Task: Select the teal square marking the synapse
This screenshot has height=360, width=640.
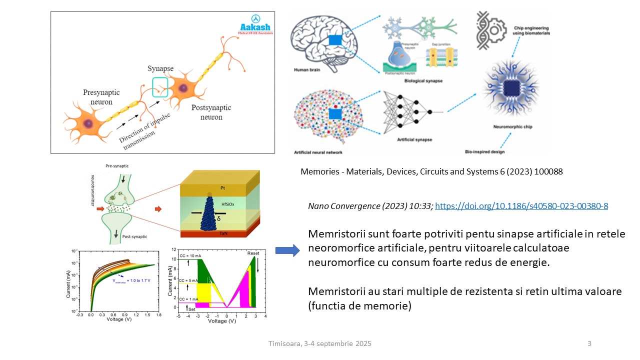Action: tap(160, 86)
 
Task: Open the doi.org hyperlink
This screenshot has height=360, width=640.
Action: tap(521, 205)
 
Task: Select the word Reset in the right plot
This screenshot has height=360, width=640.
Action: tap(253, 253)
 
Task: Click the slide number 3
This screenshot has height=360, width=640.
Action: tap(589, 343)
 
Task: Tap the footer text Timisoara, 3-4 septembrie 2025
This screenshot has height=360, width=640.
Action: tap(320, 343)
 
